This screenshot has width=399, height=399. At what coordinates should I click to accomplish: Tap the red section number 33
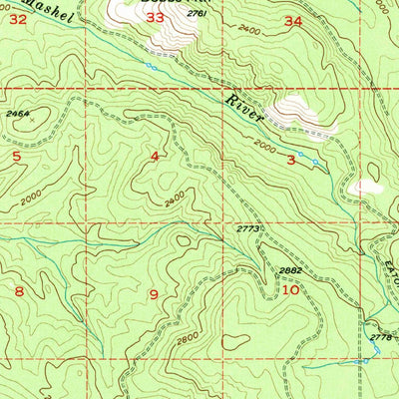coord(155,17)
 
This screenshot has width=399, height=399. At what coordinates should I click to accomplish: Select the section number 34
coord(292,20)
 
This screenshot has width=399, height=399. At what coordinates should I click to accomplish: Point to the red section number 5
coord(16,157)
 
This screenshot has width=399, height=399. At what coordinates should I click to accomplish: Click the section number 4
coord(155,157)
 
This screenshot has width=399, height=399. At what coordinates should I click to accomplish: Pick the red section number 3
coord(291,159)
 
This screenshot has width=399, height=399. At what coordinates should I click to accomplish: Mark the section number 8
coord(18,290)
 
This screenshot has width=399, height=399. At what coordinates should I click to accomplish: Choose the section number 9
coord(153,293)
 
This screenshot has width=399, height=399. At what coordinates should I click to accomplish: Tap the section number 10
coord(290,290)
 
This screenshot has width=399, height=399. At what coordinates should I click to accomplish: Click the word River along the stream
coord(242,109)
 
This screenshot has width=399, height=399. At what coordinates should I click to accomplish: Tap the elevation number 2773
coord(248,229)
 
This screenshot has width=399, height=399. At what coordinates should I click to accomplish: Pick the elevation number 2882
coord(289,270)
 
